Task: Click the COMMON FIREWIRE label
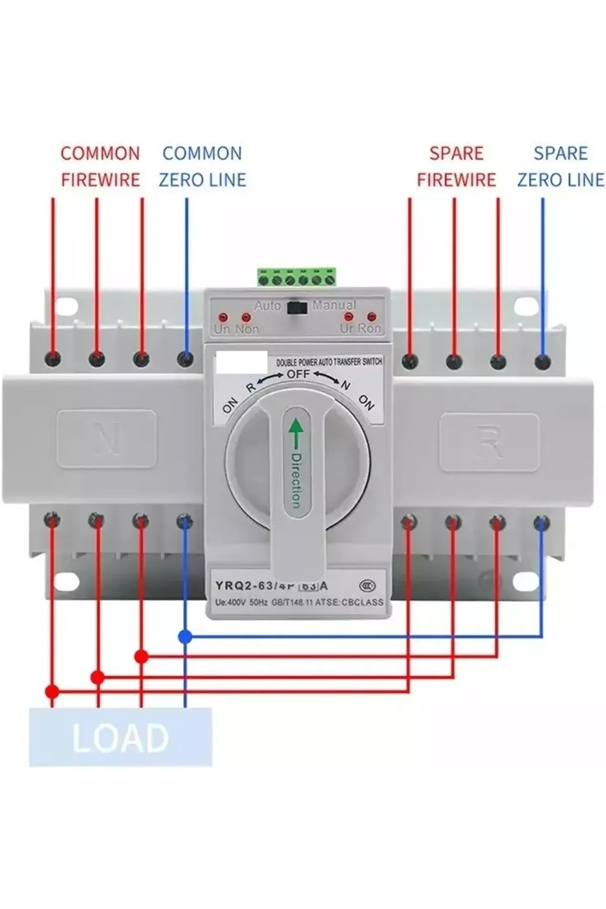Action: pyautogui.click(x=100, y=166)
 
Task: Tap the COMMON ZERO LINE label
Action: pyautogui.click(x=203, y=166)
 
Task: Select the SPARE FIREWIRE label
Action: pyautogui.click(x=457, y=166)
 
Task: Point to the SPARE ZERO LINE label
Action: pyautogui.click(x=561, y=166)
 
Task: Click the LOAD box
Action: pyautogui.click(x=120, y=737)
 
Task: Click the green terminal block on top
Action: pyautogui.click(x=296, y=277)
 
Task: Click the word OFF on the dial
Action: pyautogui.click(x=298, y=375)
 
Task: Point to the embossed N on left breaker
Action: pyautogui.click(x=107, y=438)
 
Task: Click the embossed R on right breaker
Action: pyautogui.click(x=489, y=441)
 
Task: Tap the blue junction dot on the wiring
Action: pyautogui.click(x=185, y=637)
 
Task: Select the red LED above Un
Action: pyautogui.click(x=223, y=318)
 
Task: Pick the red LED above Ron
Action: pyautogui.click(x=372, y=317)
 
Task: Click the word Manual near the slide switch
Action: pyautogui.click(x=334, y=305)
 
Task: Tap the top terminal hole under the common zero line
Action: pyautogui.click(x=186, y=359)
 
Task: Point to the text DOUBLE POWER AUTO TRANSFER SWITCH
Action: pyautogui.click(x=329, y=362)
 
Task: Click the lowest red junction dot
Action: pyautogui.click(x=52, y=690)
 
